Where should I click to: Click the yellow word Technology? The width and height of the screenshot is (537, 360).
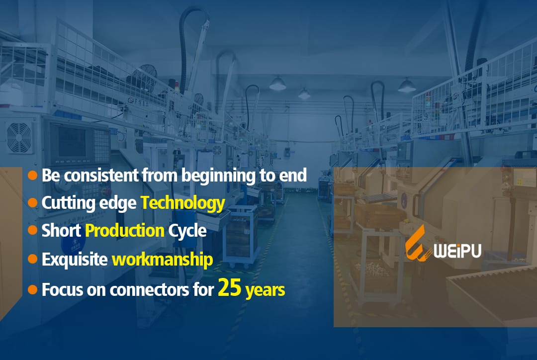coord(183,203)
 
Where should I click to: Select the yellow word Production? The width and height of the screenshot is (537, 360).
coord(125,231)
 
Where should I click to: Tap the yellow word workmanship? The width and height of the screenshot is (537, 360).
coord(162,259)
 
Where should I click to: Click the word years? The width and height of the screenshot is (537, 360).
coord(265,290)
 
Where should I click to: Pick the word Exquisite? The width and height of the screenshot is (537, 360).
coord(74,260)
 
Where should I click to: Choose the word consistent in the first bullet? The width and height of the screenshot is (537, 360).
coord(101,176)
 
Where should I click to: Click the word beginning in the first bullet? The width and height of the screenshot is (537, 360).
coord(218,176)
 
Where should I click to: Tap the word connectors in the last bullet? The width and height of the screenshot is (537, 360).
coord(149,290)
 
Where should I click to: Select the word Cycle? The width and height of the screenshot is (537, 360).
coord(187,231)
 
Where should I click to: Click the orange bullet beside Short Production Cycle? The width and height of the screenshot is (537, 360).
coord(32,230)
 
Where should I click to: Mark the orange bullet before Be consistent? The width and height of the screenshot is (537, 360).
coord(32,175)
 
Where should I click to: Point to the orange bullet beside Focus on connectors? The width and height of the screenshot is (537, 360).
coord(32,289)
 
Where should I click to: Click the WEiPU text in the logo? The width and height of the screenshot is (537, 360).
coord(457,251)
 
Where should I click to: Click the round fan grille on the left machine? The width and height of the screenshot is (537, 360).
coord(19,137)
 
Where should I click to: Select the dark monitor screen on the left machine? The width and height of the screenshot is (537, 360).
coord(72,142)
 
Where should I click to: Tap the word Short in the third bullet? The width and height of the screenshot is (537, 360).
coord(61,231)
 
